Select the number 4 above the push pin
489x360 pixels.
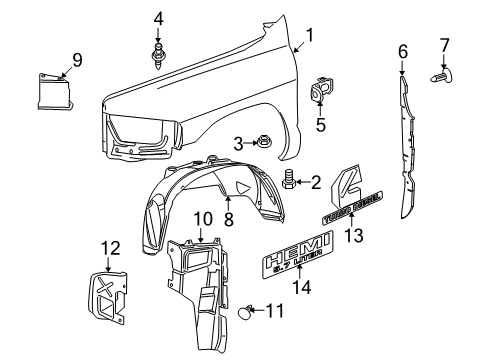click(158, 18)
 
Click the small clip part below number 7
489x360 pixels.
click(442, 74)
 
